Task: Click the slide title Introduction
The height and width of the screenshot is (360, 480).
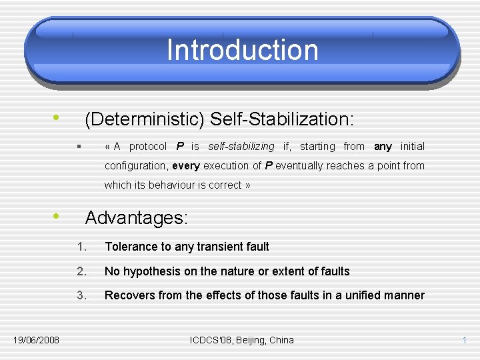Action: (242, 50)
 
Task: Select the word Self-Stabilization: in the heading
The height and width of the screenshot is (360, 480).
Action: (282, 119)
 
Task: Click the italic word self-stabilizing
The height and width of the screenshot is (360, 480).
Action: (241, 146)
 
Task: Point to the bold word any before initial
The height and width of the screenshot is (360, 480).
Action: (383, 146)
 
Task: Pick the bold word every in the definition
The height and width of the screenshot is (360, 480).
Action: (185, 165)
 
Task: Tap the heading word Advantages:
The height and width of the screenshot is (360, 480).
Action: (137, 218)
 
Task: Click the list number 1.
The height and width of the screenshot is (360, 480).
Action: (81, 247)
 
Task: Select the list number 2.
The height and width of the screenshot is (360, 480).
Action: (81, 271)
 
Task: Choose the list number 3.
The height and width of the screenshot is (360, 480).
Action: (81, 295)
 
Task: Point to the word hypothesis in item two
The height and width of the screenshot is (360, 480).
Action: (151, 271)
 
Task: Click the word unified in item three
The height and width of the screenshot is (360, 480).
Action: (363, 295)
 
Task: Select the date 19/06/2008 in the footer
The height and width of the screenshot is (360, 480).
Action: (36, 340)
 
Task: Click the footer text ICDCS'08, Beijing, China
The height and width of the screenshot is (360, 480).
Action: (241, 340)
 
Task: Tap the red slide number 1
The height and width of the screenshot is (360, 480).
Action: (464, 340)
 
